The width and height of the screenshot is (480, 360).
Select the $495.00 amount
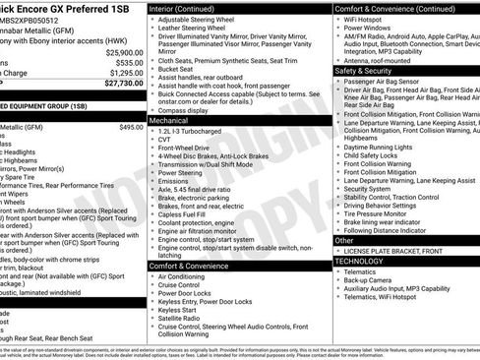pos(130,127)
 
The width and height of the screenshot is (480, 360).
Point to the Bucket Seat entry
pos(177,69)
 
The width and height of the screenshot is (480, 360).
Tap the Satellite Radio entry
pos(182,320)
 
